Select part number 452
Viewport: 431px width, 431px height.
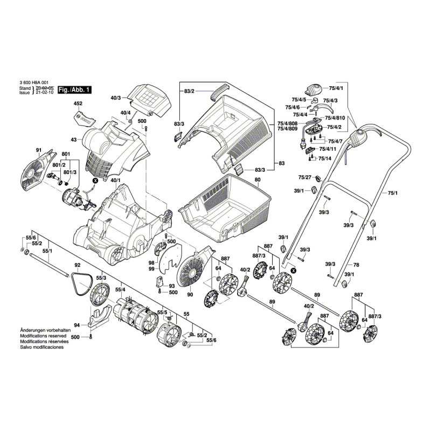click(x=78, y=103)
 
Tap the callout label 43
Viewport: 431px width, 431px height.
click(x=74, y=140)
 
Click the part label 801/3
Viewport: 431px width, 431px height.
click(x=70, y=172)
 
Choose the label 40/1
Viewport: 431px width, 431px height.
click(x=115, y=179)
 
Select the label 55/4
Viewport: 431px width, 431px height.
click(x=121, y=290)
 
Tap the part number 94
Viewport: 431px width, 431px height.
click(x=77, y=325)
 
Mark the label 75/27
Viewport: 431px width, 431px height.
click(x=305, y=178)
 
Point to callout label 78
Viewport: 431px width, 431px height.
click(x=356, y=265)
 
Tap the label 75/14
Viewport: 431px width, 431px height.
click(x=324, y=158)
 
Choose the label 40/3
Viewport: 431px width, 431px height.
click(x=116, y=98)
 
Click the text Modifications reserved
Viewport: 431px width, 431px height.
click(x=43, y=336)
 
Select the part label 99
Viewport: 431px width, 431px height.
click(x=151, y=268)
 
